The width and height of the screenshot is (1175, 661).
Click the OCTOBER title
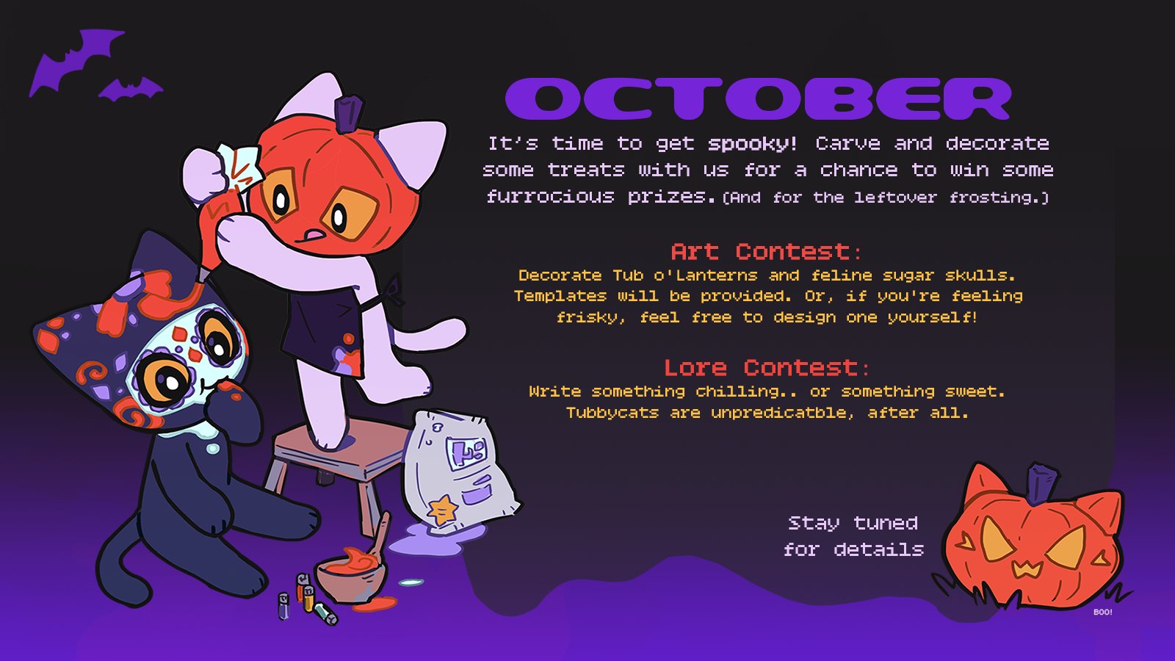758,98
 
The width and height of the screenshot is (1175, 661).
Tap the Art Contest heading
766,252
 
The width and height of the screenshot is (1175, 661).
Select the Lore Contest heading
767,368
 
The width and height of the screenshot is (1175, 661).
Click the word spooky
753,144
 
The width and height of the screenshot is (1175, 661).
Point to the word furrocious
550,197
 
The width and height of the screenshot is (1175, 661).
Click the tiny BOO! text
1102,613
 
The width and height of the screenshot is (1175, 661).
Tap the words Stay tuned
853,524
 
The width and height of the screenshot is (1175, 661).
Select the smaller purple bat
131,90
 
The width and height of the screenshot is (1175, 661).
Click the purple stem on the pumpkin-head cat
348,113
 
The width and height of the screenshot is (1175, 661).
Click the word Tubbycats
612,413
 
